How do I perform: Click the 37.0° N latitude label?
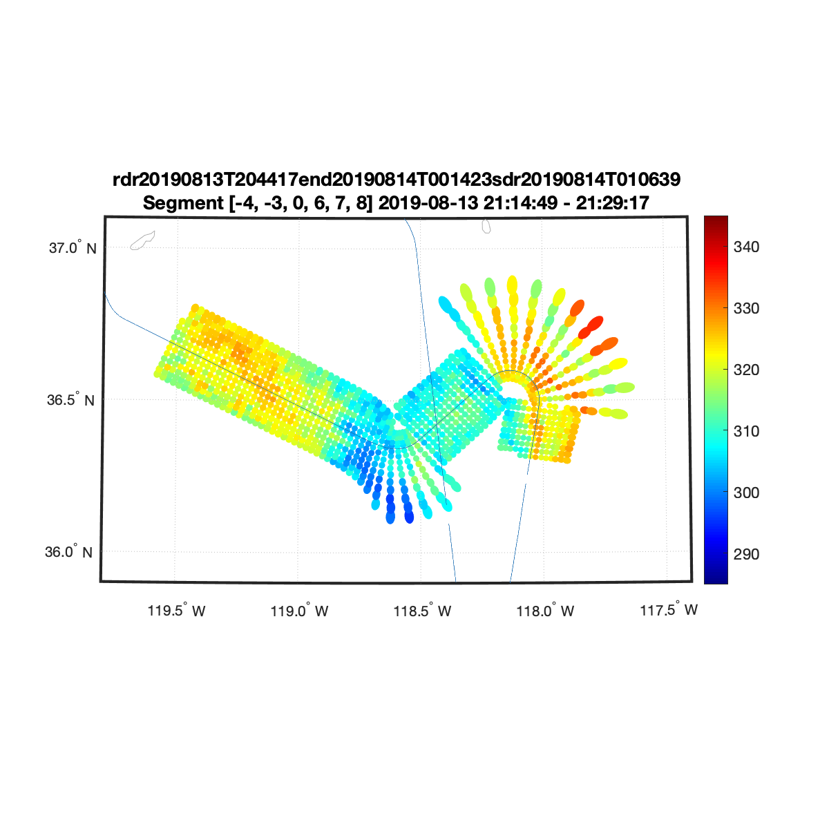tap(73, 248)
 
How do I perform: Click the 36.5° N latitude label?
tap(70, 400)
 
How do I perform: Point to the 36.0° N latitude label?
tap(69, 551)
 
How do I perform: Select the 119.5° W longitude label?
tap(176, 611)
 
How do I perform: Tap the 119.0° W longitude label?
tap(299, 611)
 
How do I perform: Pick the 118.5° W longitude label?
tap(423, 611)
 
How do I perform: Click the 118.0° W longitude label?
tap(545, 611)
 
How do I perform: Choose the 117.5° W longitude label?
tap(669, 609)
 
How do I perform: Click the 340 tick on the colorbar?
tap(746, 247)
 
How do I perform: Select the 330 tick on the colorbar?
tap(746, 308)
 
